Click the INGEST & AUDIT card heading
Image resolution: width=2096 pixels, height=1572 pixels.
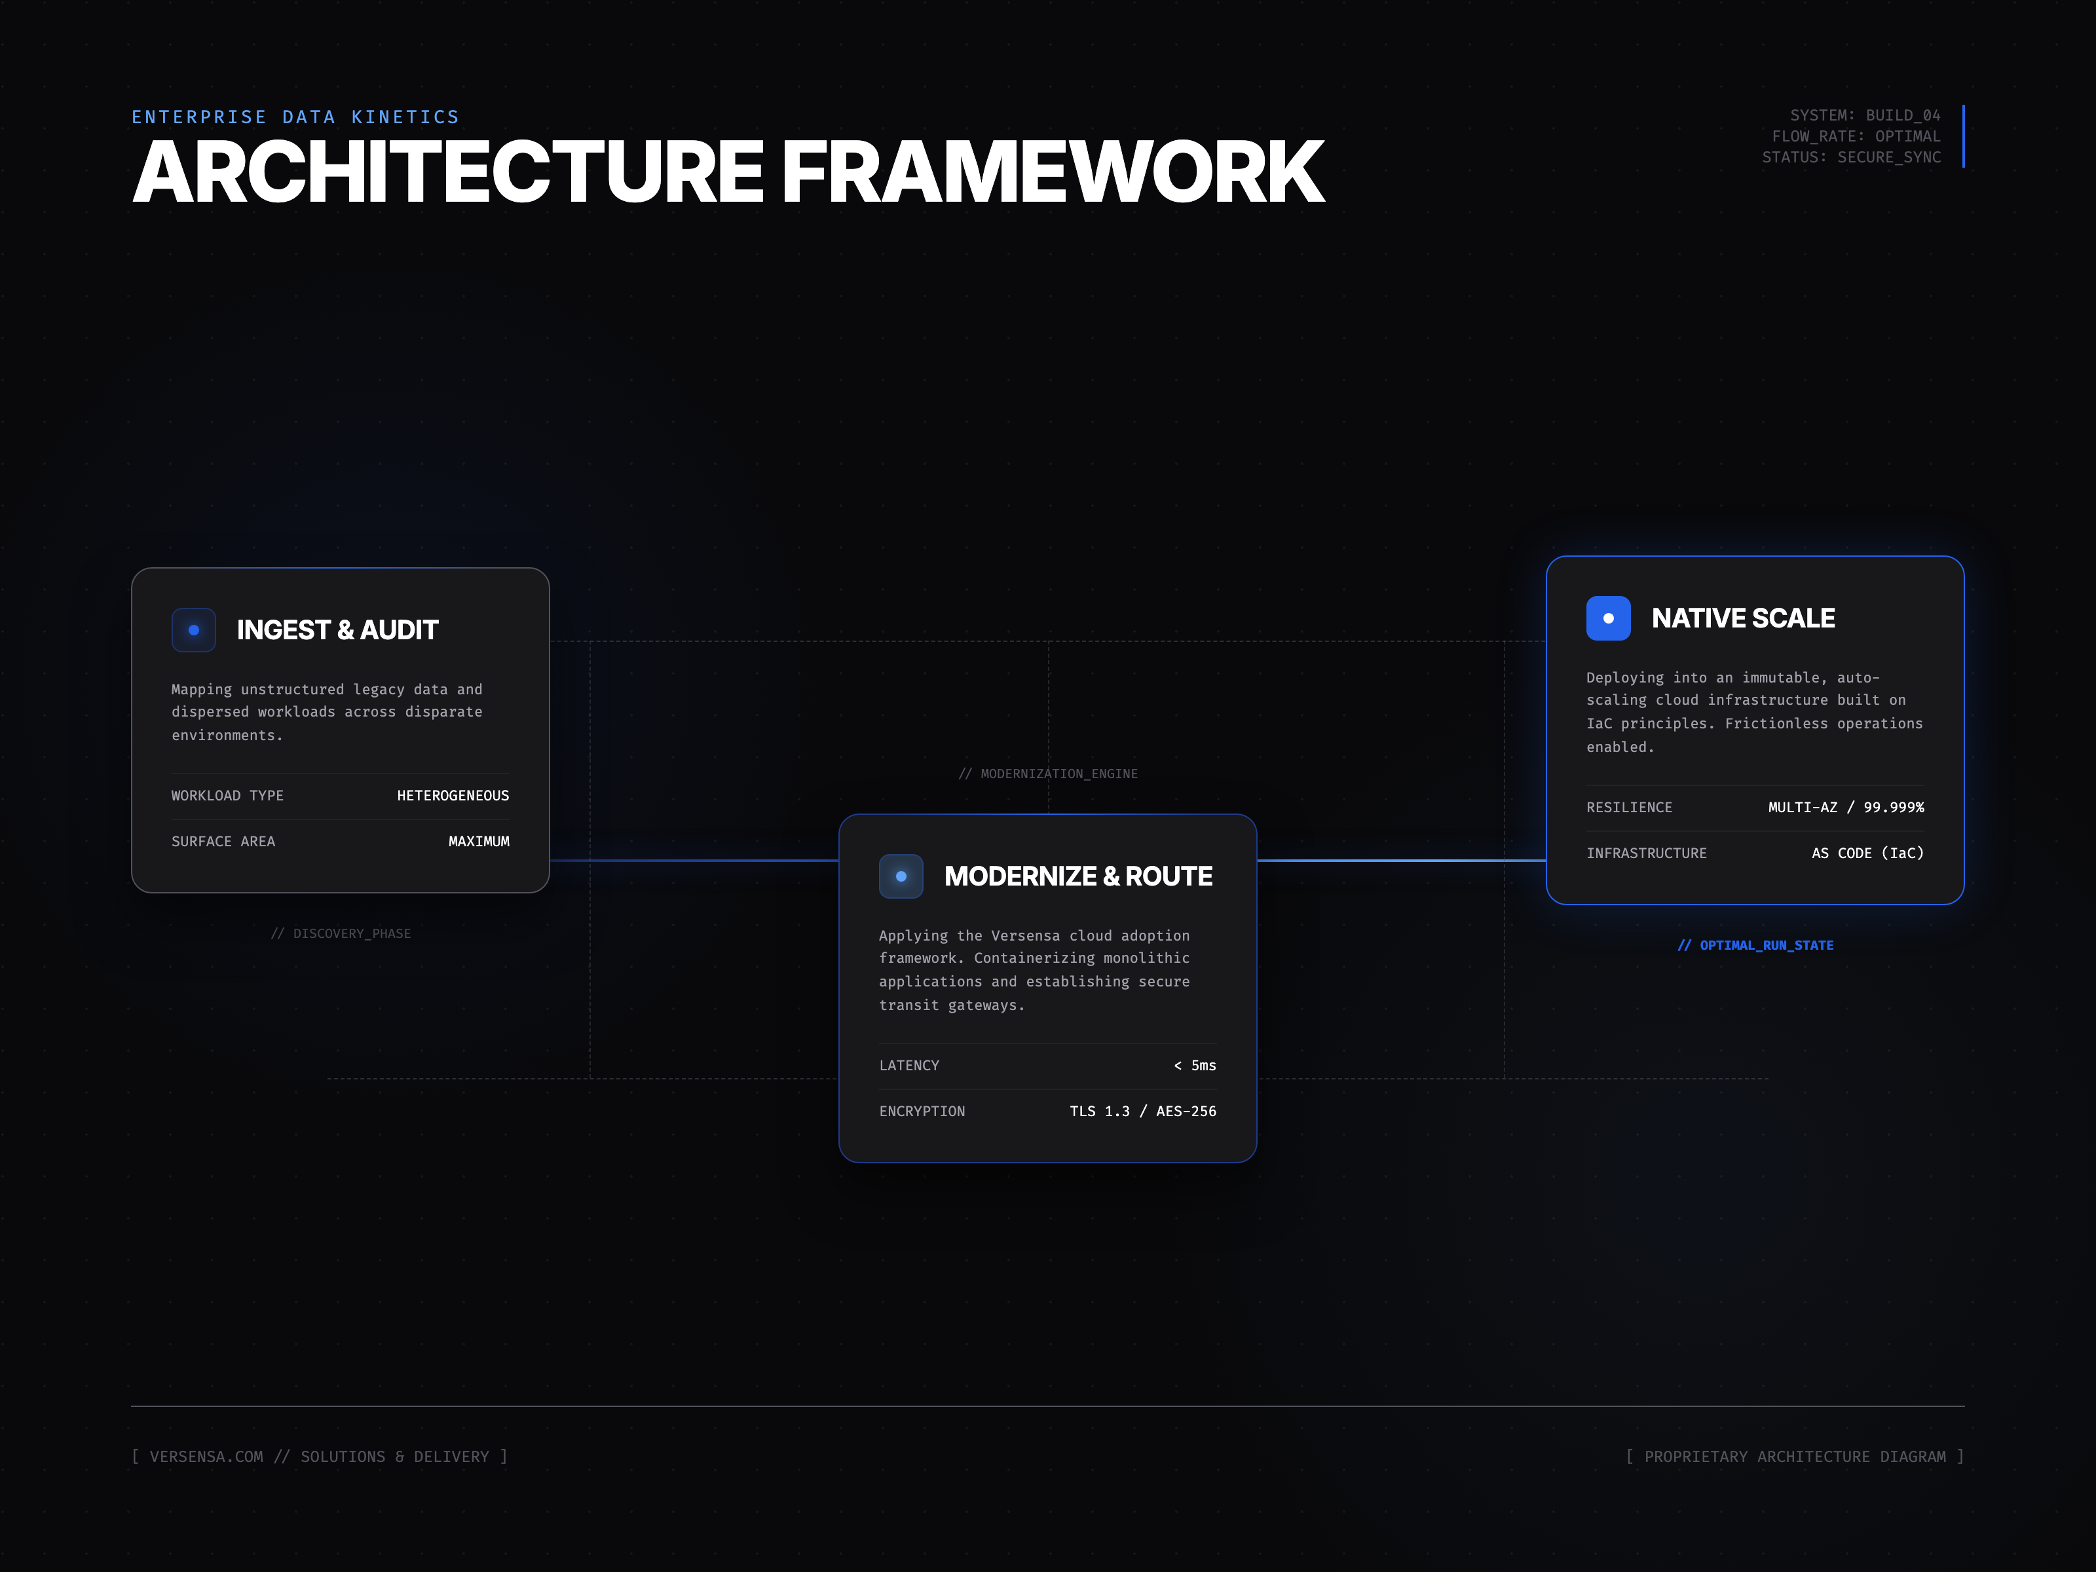click(x=337, y=630)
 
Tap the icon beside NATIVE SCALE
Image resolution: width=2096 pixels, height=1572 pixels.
click(x=1608, y=618)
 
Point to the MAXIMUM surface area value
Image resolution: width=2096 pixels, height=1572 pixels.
click(x=479, y=842)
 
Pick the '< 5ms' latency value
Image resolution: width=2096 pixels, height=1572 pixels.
click(x=1194, y=1065)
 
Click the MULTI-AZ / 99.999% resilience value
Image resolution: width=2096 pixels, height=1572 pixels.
click(x=1845, y=808)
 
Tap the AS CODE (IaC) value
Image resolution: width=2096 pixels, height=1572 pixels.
click(x=1867, y=853)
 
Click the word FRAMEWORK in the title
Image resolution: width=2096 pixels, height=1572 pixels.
click(x=1052, y=172)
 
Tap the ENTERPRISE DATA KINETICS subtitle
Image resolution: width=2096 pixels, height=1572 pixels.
click(x=295, y=117)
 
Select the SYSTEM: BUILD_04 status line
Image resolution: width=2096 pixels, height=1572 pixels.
click(x=1864, y=115)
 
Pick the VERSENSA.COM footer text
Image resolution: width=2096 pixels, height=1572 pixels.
click(x=206, y=1457)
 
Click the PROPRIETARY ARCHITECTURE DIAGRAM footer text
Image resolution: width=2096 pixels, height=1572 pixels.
click(x=1794, y=1457)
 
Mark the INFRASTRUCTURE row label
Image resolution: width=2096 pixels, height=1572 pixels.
click(x=1646, y=853)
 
